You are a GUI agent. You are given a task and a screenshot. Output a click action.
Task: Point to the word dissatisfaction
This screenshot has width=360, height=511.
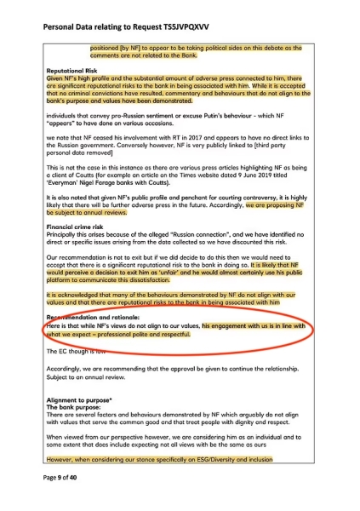point(163,288)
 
